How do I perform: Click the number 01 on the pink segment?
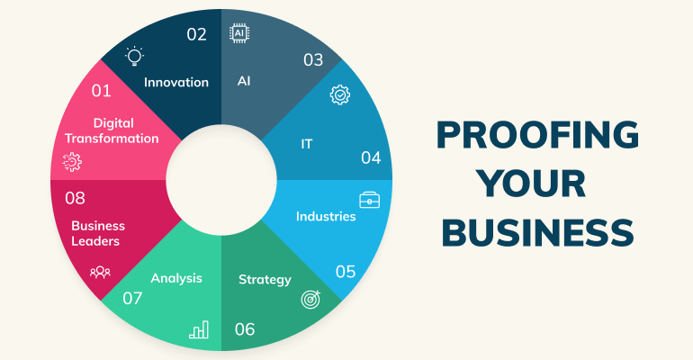101,91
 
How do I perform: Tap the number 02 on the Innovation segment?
196,34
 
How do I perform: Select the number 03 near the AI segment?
312,60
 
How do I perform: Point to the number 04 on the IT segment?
371,157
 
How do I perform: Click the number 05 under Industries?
345,271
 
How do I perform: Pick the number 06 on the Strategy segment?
245,328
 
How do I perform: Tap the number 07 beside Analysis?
133,297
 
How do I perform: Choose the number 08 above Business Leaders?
75,197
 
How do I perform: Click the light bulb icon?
134,57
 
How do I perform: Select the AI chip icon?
239,34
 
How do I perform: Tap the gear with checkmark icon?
339,94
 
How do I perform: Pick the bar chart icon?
199,329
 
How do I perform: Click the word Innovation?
176,82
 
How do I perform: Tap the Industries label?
326,216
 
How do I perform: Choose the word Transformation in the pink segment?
112,139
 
